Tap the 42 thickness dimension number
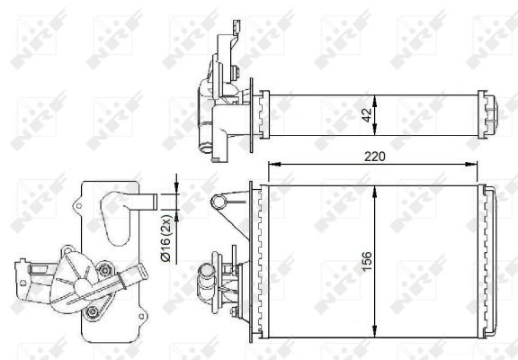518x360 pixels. (x=367, y=113)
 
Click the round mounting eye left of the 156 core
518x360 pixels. (x=217, y=201)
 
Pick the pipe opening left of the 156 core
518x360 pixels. (x=206, y=268)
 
